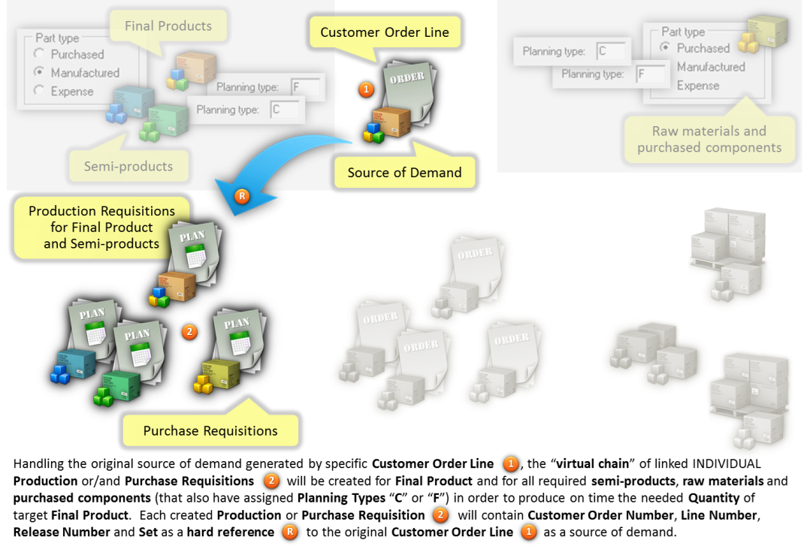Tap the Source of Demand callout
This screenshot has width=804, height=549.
404,173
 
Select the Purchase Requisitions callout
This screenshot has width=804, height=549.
210,430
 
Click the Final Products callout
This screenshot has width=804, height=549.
168,26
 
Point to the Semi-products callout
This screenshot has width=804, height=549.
128,166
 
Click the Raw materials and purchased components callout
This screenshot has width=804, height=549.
709,140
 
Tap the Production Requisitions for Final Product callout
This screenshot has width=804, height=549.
101,227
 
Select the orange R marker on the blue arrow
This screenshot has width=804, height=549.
241,197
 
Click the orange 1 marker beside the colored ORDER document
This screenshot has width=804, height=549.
366,89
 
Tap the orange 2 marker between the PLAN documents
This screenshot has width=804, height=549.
189,331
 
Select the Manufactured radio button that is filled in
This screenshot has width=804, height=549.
39,73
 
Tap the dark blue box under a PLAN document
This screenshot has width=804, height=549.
75,363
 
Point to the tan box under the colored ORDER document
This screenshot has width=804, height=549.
391,123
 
